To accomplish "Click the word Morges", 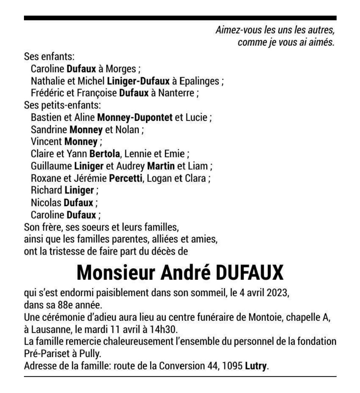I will [120, 69].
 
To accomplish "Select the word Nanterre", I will [176, 93].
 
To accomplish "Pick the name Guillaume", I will [51, 166].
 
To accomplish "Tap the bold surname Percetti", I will [126, 178].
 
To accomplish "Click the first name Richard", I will [47, 190].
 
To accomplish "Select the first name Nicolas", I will [46, 202].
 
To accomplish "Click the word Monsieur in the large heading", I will [116, 273].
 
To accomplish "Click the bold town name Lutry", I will [256, 366].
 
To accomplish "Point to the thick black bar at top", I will [180, 18].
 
